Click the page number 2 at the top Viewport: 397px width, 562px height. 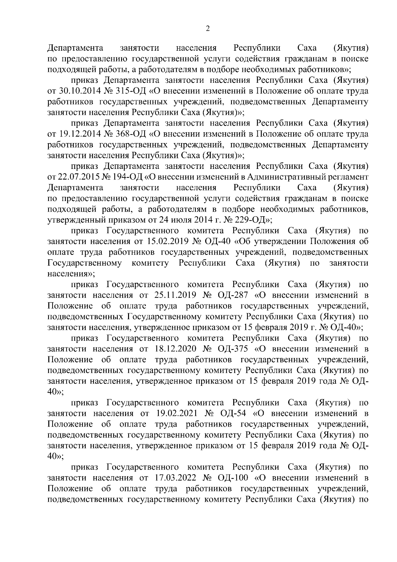pyautogui.click(x=207, y=29)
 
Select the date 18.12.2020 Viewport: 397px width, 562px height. pyautogui.click(x=176, y=349)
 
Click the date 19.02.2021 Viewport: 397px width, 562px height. pyautogui.click(x=176, y=413)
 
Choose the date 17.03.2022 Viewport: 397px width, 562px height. pyautogui.click(x=176, y=478)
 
